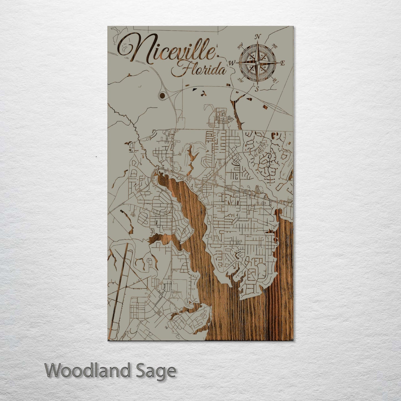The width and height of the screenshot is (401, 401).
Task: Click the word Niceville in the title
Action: tap(167, 50)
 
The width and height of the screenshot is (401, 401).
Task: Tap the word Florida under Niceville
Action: tap(198, 69)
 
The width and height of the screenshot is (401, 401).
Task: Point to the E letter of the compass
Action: tap(283, 63)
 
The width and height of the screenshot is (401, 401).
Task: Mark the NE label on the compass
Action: tap(275, 46)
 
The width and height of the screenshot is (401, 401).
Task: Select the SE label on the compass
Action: tap(274, 80)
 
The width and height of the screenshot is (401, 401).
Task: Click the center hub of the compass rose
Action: tap(258, 63)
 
